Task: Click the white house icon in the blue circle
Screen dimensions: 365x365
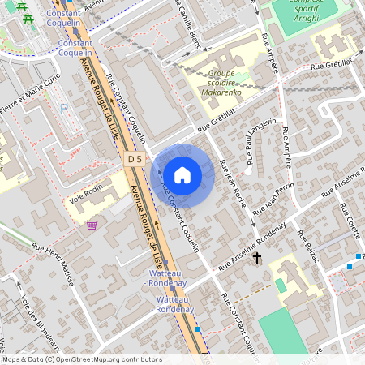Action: [182, 174]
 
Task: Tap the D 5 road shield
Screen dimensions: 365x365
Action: [135, 160]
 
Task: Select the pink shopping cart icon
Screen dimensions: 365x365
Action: [92, 225]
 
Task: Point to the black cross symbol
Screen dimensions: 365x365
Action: [258, 258]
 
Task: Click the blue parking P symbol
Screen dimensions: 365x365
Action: [64, 108]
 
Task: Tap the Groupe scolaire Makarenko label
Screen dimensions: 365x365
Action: [221, 83]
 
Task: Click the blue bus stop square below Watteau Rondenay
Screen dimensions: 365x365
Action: [197, 329]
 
